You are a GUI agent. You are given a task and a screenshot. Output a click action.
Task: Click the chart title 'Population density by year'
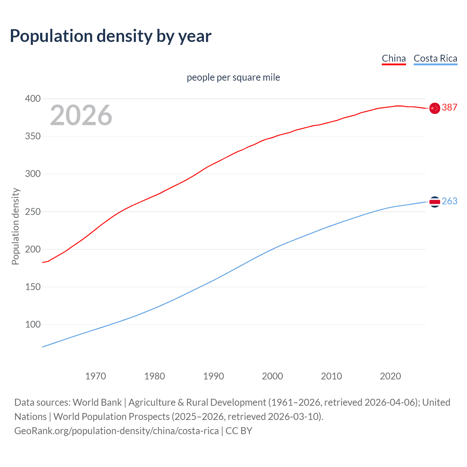pyautogui.click(x=111, y=36)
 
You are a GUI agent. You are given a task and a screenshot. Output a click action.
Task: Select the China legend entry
pyautogui.click(x=394, y=58)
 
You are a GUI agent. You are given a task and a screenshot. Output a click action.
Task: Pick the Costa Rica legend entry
pyautogui.click(x=435, y=58)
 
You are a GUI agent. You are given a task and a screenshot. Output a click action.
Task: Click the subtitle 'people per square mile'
pyautogui.click(x=233, y=77)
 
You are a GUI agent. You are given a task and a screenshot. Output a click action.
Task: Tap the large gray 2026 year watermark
pyautogui.click(x=81, y=115)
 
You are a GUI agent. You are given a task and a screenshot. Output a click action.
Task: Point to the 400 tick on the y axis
pyautogui.click(x=33, y=99)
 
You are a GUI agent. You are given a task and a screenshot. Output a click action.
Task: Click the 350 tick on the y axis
pyautogui.click(x=33, y=136)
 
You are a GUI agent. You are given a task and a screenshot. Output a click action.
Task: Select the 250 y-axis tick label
pyautogui.click(x=33, y=212)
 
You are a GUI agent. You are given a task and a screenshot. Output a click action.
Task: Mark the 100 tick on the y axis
pyautogui.click(x=33, y=324)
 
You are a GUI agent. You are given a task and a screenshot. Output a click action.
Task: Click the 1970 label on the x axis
pyautogui.click(x=96, y=376)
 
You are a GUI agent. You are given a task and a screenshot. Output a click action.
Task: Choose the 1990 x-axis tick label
pyautogui.click(x=213, y=376)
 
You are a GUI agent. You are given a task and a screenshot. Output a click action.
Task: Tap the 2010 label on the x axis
pyautogui.click(x=331, y=376)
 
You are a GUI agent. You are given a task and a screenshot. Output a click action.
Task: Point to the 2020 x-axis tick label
pyautogui.click(x=390, y=376)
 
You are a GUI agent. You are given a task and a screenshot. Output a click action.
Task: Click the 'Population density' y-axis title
pyautogui.click(x=15, y=226)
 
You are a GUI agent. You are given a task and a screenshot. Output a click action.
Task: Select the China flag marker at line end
pyautogui.click(x=435, y=108)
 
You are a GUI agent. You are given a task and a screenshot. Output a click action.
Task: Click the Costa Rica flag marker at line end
pyautogui.click(x=435, y=202)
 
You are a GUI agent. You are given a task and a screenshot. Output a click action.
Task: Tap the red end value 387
pyautogui.click(x=449, y=107)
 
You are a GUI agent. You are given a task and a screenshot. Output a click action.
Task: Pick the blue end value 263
pyautogui.click(x=449, y=201)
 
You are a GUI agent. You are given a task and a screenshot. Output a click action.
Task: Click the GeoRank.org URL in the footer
pyautogui.click(x=116, y=431)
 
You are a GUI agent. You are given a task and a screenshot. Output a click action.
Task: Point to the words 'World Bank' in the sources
pyautogui.click(x=97, y=402)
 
